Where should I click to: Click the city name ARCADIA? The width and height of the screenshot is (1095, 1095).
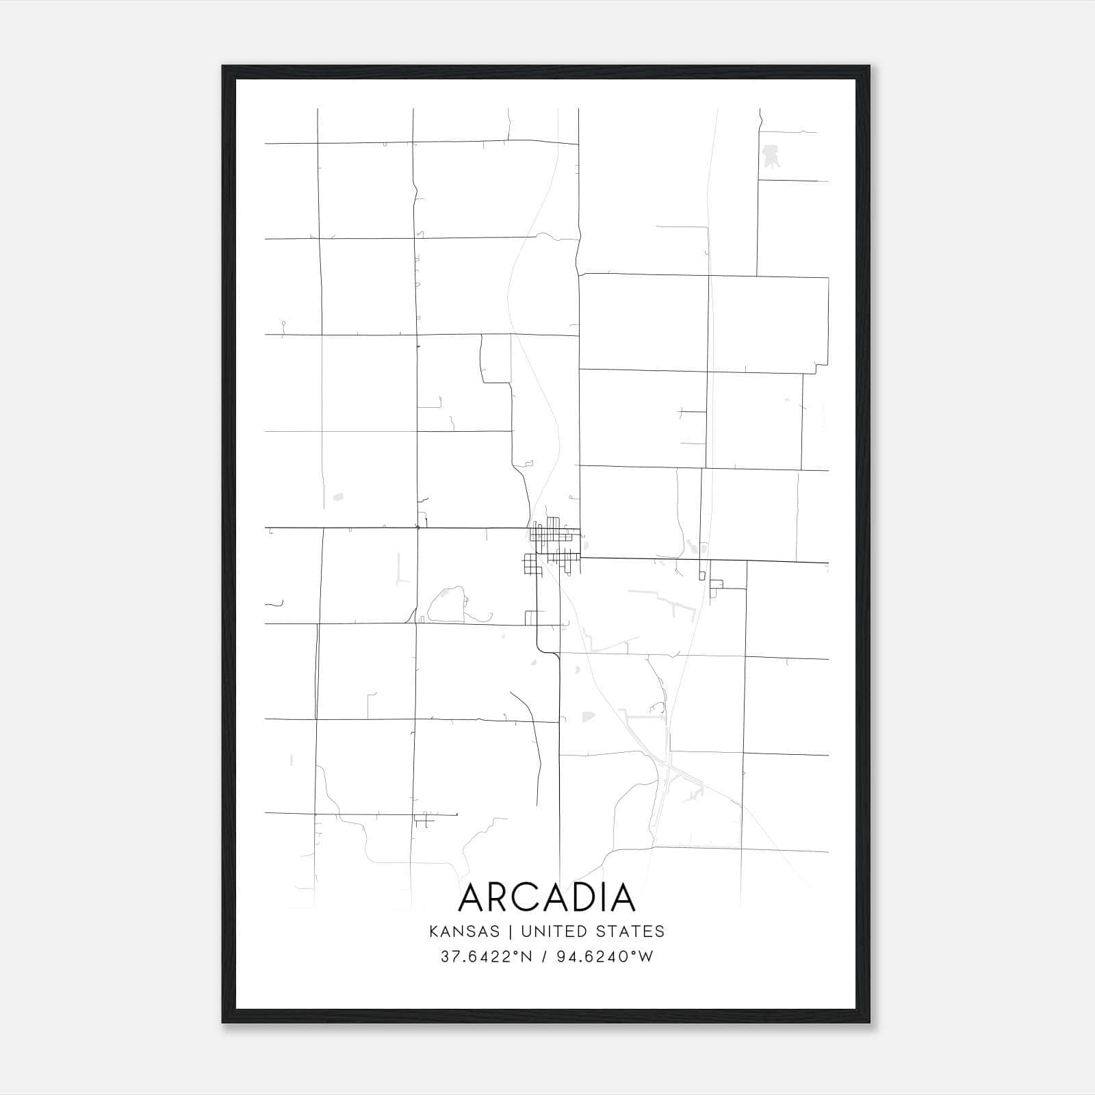[x=547, y=897]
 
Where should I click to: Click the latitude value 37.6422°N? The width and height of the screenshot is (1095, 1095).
[x=486, y=957]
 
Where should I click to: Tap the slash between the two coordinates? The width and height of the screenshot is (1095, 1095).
[x=544, y=957]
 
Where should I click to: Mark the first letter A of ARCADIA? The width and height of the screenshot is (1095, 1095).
[x=472, y=897]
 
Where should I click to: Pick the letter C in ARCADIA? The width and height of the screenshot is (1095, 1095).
[x=532, y=897]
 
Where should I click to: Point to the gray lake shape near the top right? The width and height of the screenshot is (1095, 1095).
[x=770, y=155]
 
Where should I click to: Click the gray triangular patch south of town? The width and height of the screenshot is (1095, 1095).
[x=587, y=717]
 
